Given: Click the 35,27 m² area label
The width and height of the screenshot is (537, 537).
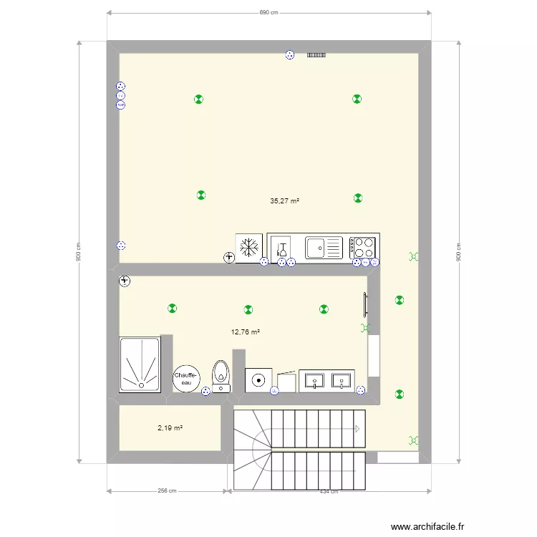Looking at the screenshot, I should tap(284, 202).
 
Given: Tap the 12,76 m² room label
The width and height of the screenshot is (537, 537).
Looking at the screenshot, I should tap(245, 332).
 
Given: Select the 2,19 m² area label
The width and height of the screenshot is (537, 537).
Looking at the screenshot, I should tap(170, 428).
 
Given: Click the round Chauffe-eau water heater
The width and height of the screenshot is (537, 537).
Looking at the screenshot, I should tap(186, 379).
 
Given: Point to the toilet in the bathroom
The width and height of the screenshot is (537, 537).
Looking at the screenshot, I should tap(221, 374).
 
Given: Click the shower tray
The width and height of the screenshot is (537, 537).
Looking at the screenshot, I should tap(140, 364).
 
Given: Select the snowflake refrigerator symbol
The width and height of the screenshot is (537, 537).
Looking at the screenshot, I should tap(248, 248).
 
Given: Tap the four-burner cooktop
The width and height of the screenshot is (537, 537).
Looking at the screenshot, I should tap(364, 248).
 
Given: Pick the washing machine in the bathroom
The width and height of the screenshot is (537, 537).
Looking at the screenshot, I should tap(258, 379).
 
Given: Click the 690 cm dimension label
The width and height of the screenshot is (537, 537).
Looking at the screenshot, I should tap(268, 12).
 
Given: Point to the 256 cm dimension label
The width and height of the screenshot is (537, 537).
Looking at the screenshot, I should tap(168, 491).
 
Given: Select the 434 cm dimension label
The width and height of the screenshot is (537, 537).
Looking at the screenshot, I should tap(329, 491).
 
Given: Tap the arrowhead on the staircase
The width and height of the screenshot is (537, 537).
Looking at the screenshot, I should tap(357, 429).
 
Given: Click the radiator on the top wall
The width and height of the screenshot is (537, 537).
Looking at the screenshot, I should tap(316, 54).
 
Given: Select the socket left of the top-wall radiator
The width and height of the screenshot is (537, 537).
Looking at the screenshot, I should tap(290, 54).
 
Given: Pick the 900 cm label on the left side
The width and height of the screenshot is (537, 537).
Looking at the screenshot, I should tap(78, 251).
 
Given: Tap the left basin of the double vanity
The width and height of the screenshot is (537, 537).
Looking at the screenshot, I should tap(315, 379).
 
